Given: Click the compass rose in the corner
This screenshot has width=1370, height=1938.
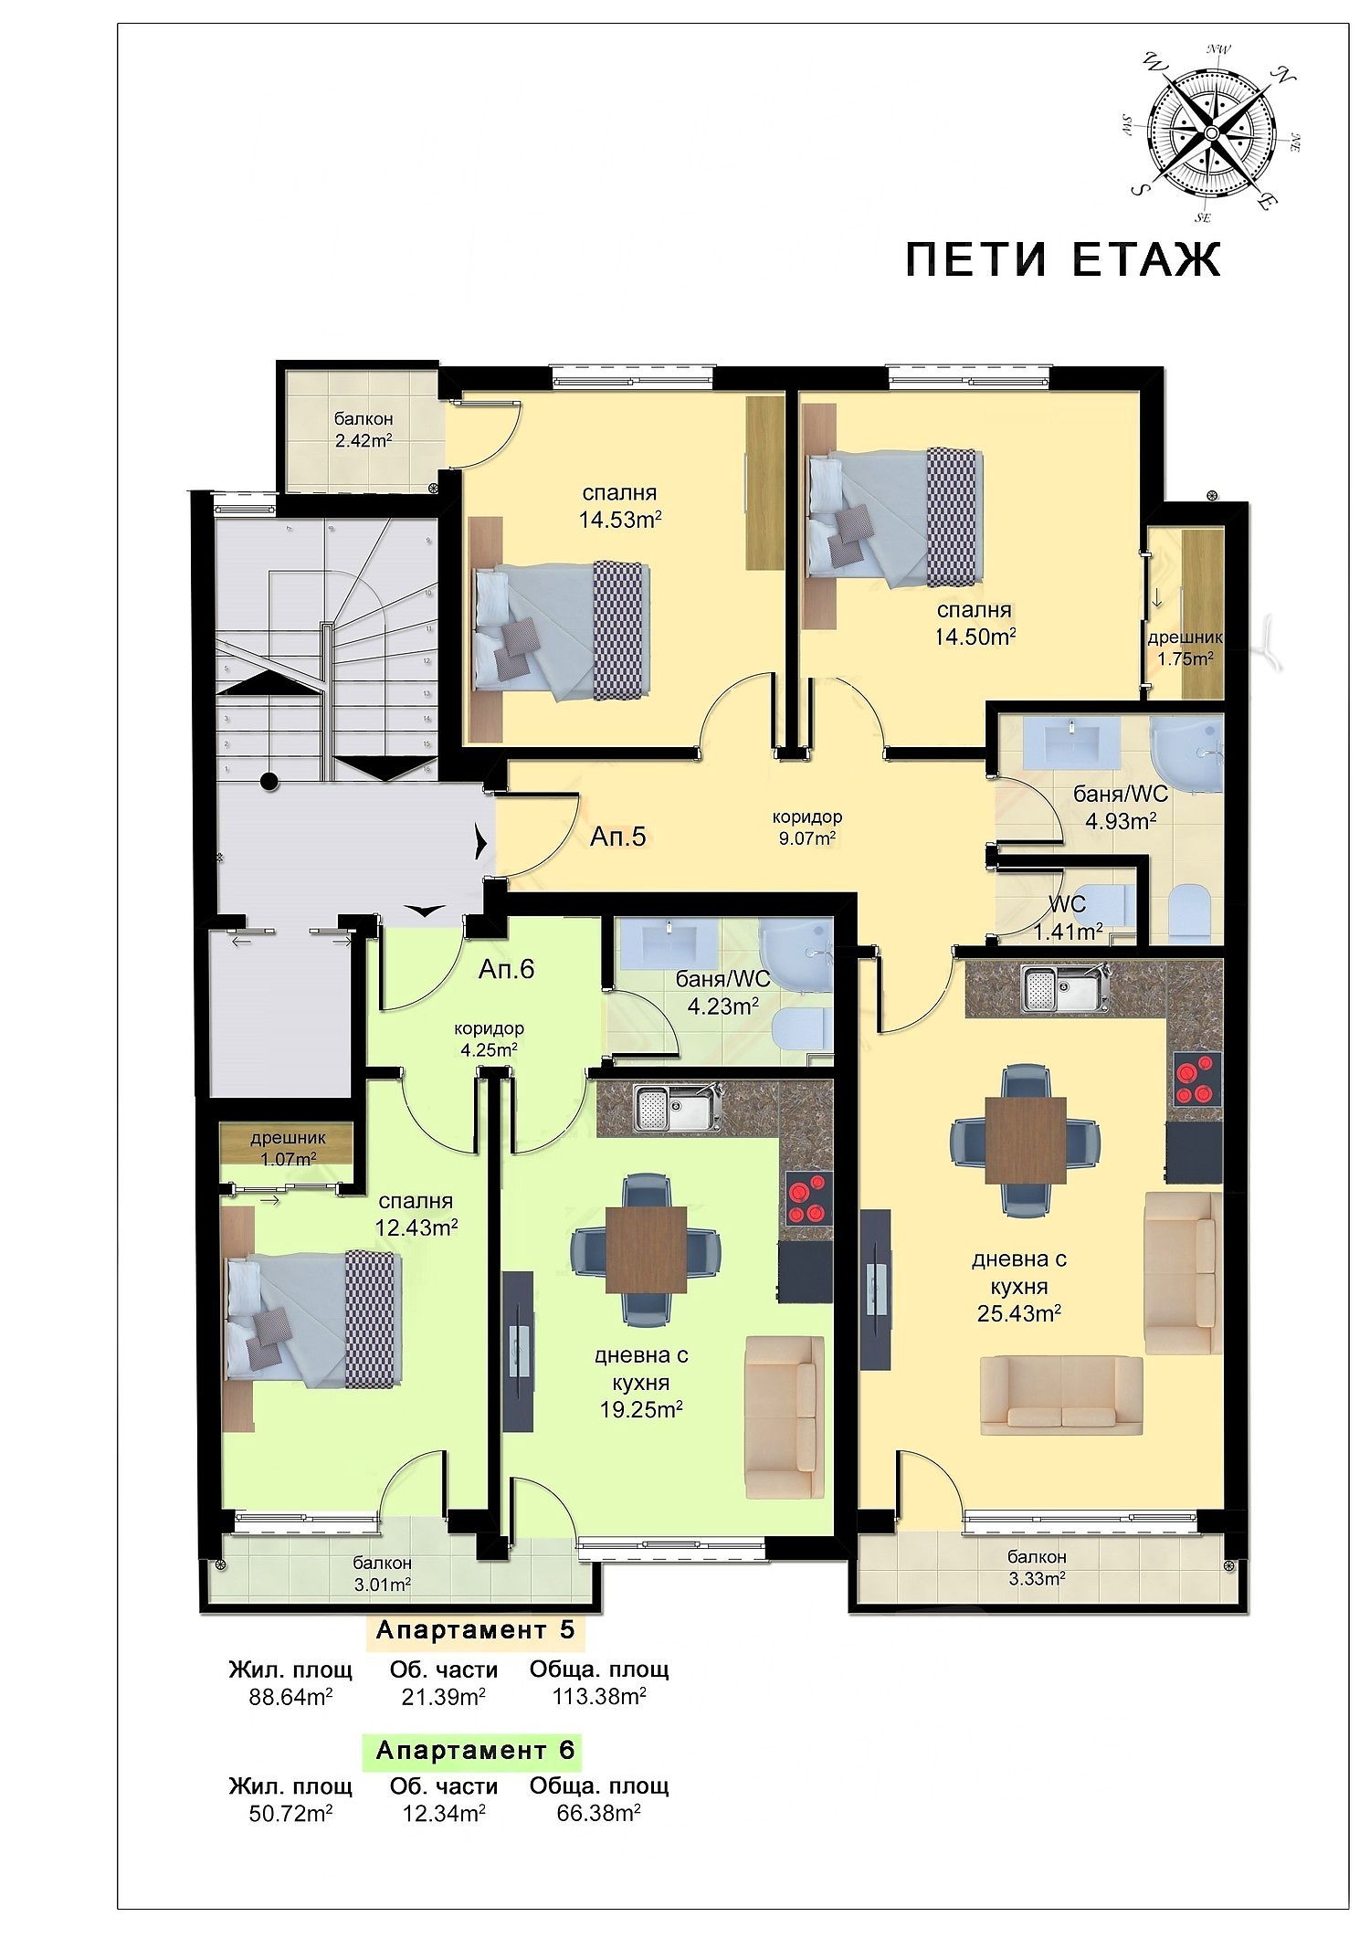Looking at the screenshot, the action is point(1211,133).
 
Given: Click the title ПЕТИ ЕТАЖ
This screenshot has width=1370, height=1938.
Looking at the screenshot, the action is point(1062,259).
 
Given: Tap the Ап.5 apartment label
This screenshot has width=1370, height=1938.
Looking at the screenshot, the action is point(617,836).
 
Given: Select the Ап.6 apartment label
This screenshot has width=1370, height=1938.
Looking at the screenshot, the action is point(506,969).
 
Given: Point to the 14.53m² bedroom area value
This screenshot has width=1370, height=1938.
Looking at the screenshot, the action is point(620,520).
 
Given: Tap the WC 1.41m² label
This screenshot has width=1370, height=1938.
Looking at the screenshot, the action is point(1067,918).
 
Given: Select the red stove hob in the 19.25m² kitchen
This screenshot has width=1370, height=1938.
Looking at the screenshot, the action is point(806,1199).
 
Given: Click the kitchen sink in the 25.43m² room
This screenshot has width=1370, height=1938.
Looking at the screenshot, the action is point(1066,987).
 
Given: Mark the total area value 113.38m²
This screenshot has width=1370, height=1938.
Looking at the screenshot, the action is point(599,1696).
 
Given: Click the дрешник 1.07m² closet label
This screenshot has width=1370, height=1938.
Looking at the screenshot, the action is point(288,1149).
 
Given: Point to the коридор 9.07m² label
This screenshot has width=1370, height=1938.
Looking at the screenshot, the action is point(806,827).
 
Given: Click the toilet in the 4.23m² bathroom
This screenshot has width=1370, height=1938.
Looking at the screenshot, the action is point(800,1030).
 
